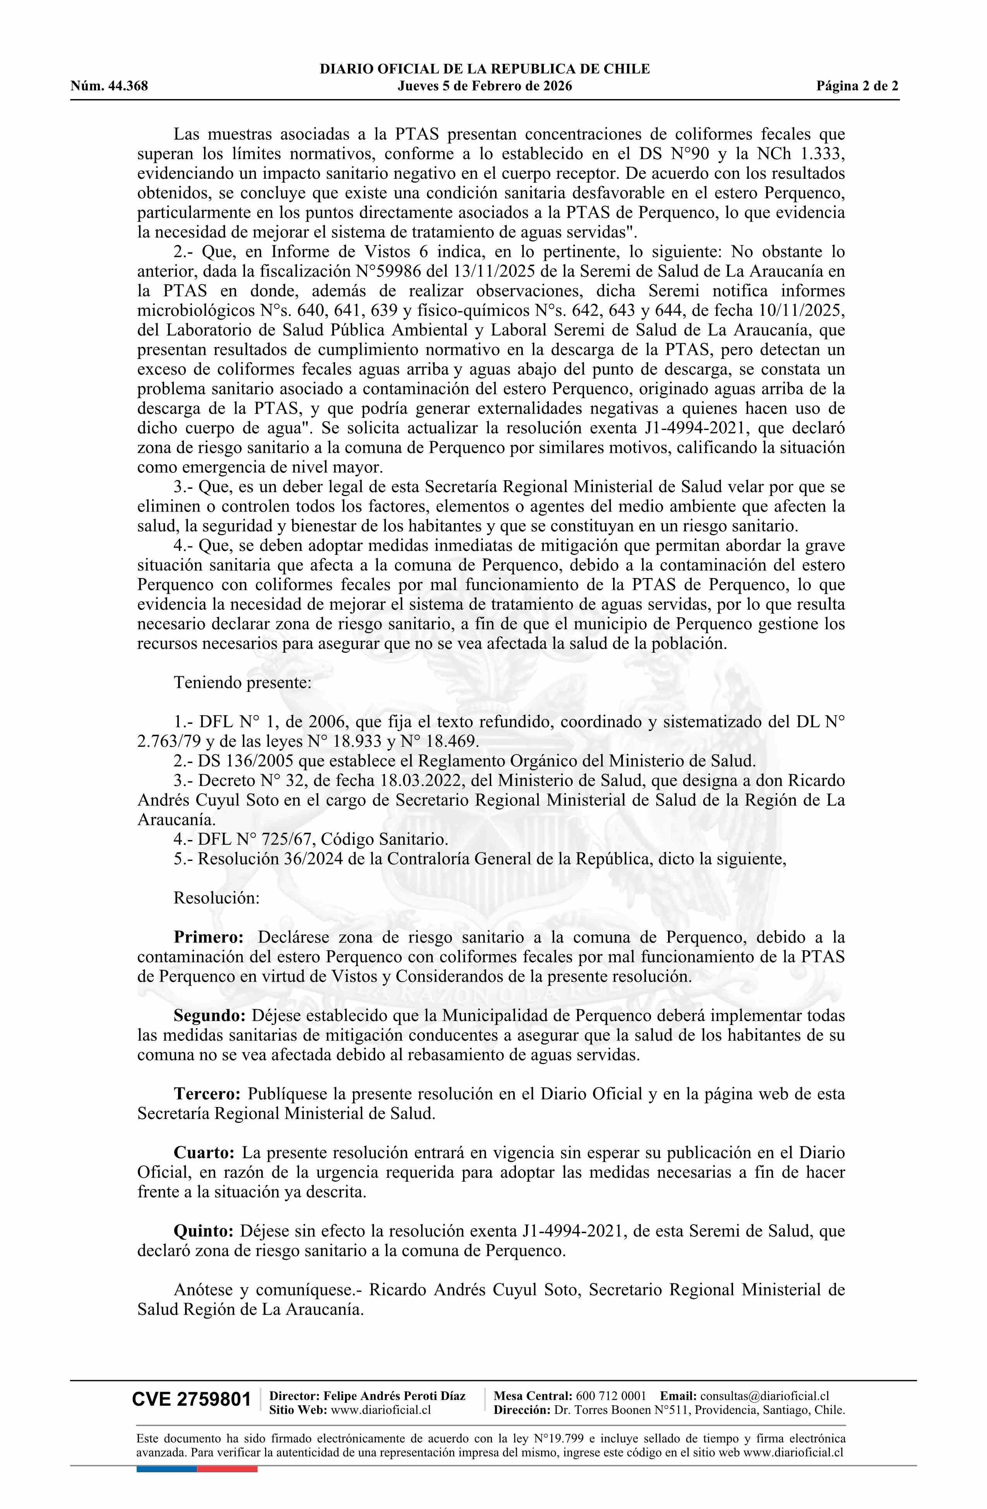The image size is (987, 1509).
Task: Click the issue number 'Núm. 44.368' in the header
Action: pyautogui.click(x=109, y=86)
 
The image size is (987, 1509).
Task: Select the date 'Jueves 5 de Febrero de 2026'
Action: pyautogui.click(x=485, y=86)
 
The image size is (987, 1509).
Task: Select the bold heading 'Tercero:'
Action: pyautogui.click(x=207, y=1094)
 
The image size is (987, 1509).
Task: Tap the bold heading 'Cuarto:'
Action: pyautogui.click(x=204, y=1153)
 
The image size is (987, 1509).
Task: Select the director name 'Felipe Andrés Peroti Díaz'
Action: pyautogui.click(x=394, y=1396)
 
